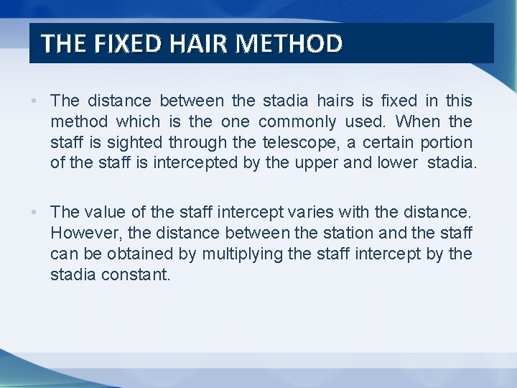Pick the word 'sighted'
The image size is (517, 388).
coord(134,142)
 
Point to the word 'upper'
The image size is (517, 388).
coord(316,163)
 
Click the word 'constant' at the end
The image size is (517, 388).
coord(136,274)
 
